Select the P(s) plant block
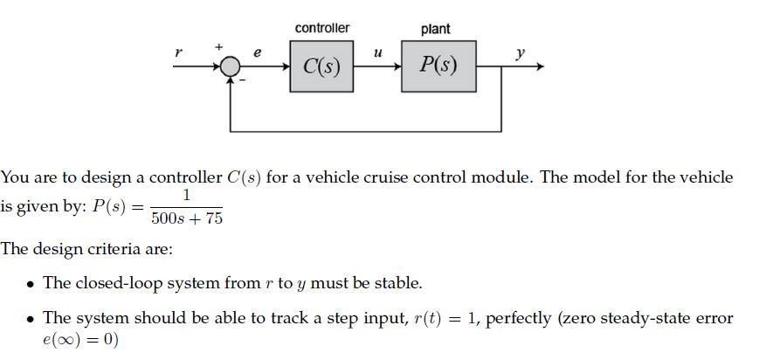tap(438, 66)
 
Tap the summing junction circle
tap(231, 67)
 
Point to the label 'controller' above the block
tap(322, 28)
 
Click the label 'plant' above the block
tap(436, 29)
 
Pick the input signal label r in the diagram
tap(179, 52)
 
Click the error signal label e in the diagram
tap(258, 53)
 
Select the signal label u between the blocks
tap(376, 53)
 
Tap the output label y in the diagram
tap(521, 52)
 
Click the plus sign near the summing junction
tap(220, 46)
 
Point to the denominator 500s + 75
tap(187, 218)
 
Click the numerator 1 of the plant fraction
tap(186, 196)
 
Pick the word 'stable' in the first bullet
tap(397, 284)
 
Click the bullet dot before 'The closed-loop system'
tap(31, 285)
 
